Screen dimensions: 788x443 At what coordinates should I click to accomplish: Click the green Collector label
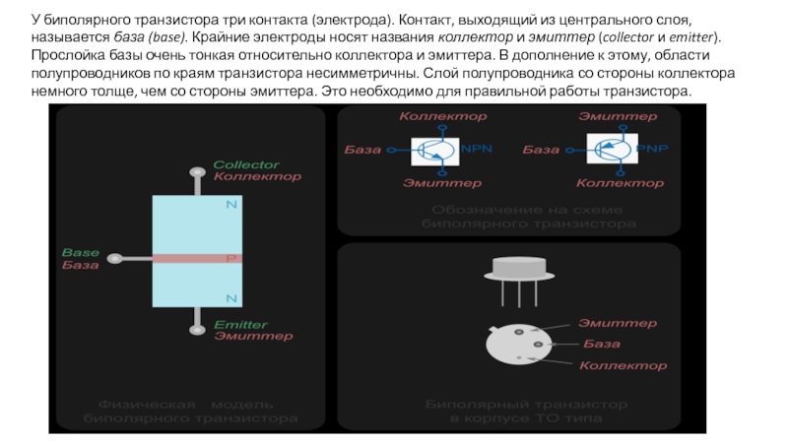(246, 164)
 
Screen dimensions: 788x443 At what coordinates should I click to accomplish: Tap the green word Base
(81, 252)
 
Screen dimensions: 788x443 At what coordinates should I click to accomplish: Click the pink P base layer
(197, 259)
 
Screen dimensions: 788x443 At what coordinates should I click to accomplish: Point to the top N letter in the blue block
(231, 204)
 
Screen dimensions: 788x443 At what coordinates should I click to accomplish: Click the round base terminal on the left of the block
(115, 259)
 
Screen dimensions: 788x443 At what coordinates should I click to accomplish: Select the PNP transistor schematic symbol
(613, 150)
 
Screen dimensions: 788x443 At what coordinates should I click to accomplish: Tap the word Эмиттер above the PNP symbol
(619, 116)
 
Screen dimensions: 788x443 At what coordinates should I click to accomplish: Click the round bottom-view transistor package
(522, 347)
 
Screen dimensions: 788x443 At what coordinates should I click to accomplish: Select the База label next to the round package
(602, 344)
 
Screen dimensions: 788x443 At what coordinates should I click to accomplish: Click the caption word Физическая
(139, 404)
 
